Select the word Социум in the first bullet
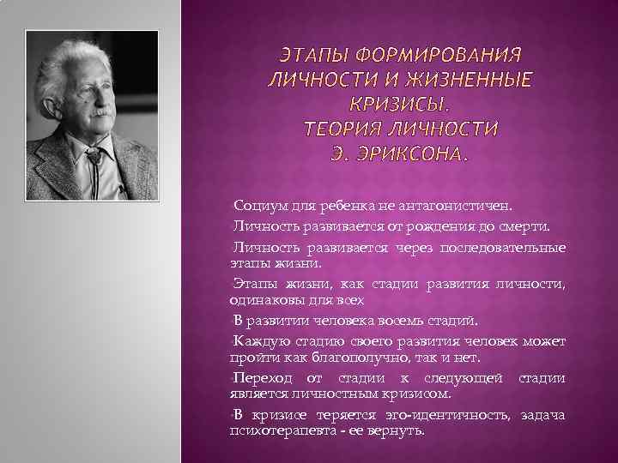tap(256, 207)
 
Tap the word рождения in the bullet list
tap(441, 225)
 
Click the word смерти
tap(529, 225)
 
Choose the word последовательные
tap(503, 248)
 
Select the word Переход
tap(263, 378)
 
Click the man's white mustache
tap(100, 112)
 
